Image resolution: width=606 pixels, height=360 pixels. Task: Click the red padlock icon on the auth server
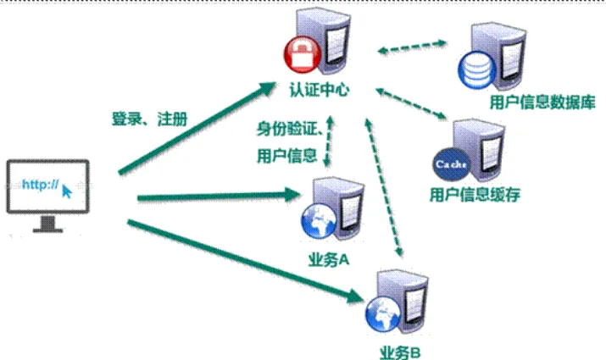pyautogui.click(x=303, y=55)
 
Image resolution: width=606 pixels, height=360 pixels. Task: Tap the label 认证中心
pyautogui.click(x=320, y=90)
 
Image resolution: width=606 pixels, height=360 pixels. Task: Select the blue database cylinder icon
pyautogui.click(x=477, y=70)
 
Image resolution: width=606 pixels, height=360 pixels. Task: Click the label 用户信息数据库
pyautogui.click(x=542, y=102)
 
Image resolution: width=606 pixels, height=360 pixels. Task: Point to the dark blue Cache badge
pyautogui.click(x=451, y=164)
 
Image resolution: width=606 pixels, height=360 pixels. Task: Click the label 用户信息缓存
pyautogui.click(x=475, y=195)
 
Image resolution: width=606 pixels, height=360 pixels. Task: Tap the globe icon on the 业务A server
pyautogui.click(x=320, y=221)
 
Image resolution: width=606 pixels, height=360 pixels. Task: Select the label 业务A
pyautogui.click(x=329, y=260)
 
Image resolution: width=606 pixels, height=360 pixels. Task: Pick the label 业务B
pyautogui.click(x=400, y=352)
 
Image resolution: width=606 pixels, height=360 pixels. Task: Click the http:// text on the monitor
pyautogui.click(x=40, y=185)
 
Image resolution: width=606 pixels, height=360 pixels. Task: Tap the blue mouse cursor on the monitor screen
pyautogui.click(x=67, y=191)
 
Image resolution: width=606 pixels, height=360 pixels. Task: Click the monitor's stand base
pyautogui.click(x=48, y=230)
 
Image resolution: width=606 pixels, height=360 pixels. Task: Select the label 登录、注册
pyautogui.click(x=149, y=119)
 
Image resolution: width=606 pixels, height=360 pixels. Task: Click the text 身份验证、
pyautogui.click(x=290, y=129)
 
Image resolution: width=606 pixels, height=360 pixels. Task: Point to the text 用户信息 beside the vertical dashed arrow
pyautogui.click(x=286, y=156)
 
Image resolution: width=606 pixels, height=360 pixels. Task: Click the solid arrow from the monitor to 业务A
pyautogui.click(x=220, y=196)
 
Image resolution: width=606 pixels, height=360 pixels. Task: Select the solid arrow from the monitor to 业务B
pyautogui.click(x=246, y=262)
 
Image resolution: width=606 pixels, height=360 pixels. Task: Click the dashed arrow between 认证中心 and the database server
pyautogui.click(x=412, y=47)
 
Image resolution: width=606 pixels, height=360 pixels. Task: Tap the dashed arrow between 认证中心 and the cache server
pyautogui.click(x=411, y=103)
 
